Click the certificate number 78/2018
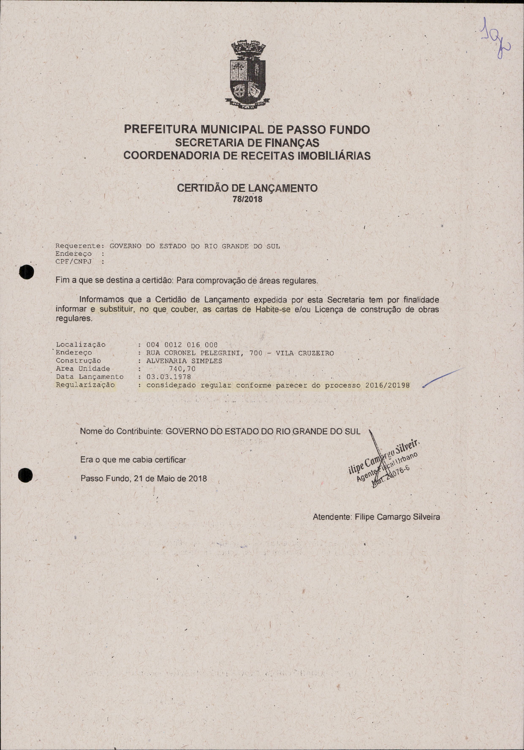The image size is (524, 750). (247, 199)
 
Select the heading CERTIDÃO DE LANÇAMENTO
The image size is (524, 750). (247, 188)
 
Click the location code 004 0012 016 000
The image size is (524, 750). (182, 345)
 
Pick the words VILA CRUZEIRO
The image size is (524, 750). (305, 353)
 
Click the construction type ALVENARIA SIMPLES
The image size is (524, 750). (184, 361)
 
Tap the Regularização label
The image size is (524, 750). (85, 385)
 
